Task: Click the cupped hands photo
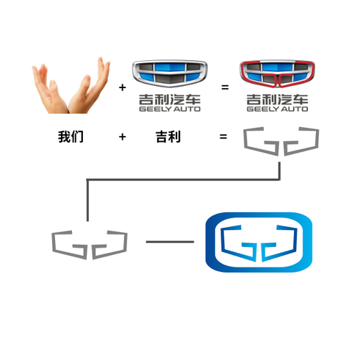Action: (x=71, y=86)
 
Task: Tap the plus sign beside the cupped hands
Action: (x=122, y=87)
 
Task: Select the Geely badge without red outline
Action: (x=170, y=73)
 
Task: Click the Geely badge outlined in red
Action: (x=277, y=73)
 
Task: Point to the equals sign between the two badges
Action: (x=225, y=87)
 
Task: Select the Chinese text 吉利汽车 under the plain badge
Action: (x=170, y=99)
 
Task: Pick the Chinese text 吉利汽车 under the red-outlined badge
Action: (x=277, y=99)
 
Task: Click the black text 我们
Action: (x=71, y=137)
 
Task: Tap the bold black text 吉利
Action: (x=168, y=137)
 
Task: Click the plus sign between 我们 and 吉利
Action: (x=122, y=137)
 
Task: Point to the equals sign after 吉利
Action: (x=223, y=137)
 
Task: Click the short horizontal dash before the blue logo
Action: (x=170, y=242)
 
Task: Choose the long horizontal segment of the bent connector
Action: (x=184, y=179)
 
